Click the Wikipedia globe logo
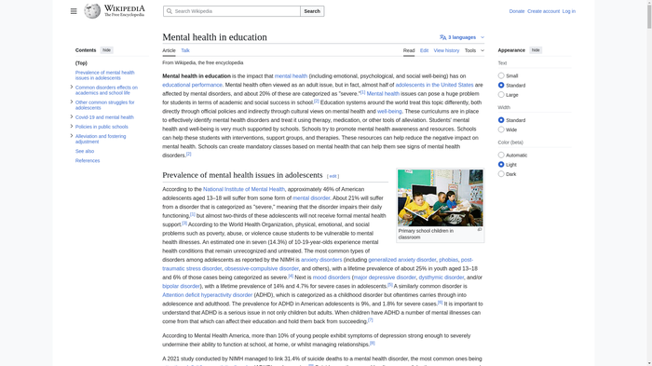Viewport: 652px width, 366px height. pos(92,11)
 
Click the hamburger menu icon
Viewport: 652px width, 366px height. pos(74,11)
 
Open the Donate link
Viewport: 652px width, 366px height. pos(517,11)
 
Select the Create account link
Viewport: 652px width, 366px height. pos(543,11)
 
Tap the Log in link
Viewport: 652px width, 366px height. pos(568,11)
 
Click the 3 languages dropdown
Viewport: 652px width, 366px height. pos(462,37)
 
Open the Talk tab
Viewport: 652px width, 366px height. pos(185,50)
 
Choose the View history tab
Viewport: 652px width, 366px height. pos(446,50)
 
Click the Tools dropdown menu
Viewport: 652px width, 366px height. pos(474,50)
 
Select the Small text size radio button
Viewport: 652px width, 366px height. pos(501,75)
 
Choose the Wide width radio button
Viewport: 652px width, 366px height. pos(501,129)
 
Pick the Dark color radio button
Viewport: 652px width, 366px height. pos(501,174)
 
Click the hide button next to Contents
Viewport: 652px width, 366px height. pos(107,50)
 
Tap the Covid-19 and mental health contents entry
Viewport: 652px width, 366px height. pos(104,117)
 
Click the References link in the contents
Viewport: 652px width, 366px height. pos(88,160)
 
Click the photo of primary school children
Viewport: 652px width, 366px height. pos(440,197)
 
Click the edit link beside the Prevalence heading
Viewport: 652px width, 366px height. pos(333,176)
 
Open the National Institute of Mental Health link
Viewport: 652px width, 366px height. pos(244,189)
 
